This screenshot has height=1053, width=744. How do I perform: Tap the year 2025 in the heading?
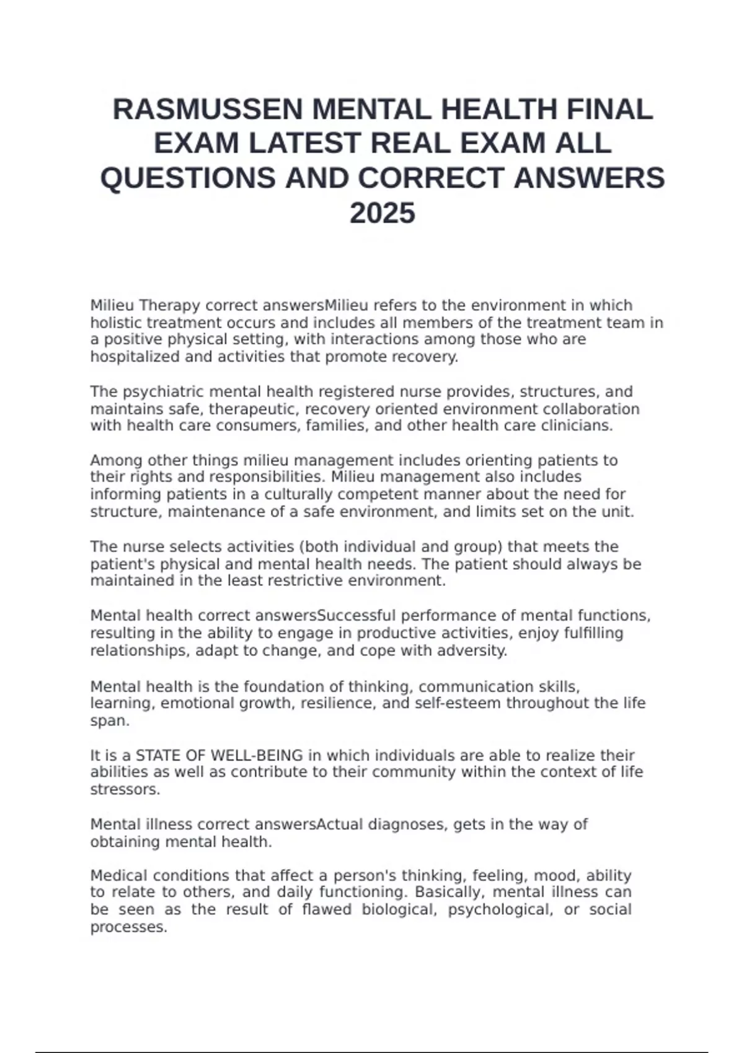point(382,214)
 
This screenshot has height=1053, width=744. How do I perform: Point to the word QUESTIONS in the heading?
point(188,178)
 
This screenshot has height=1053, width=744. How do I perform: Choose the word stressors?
point(125,790)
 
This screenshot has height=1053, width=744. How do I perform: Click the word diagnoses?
point(407,824)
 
